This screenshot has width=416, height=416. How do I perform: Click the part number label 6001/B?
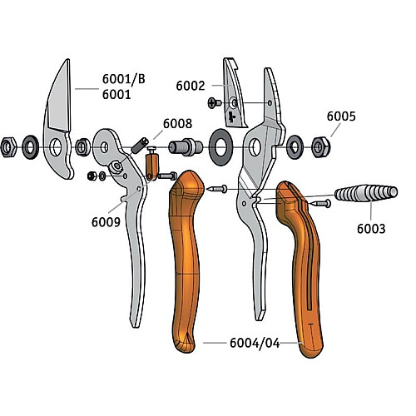tap(124, 79)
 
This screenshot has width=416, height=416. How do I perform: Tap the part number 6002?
tap(191, 86)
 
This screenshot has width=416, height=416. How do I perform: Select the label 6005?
tap(341, 116)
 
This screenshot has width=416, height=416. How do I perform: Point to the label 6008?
tap(177, 123)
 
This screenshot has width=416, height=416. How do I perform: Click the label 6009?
tap(106, 222)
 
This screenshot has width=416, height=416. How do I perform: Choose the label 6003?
tap(371, 229)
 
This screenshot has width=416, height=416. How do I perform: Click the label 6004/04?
tap(255, 343)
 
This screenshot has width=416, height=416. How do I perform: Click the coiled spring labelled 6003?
tap(366, 193)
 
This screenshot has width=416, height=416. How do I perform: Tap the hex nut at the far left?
tap(8, 147)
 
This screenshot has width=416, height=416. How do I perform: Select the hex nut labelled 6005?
tap(321, 147)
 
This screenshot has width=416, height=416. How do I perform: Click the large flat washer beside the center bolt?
tap(220, 147)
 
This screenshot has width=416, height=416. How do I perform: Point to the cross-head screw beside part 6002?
tap(215, 103)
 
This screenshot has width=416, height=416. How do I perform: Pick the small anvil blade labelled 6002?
tap(235, 94)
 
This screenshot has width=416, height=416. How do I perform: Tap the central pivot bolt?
tap(186, 146)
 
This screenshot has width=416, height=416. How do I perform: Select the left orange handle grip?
tap(186, 260)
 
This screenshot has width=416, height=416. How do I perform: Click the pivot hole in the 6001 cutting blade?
tap(56, 147)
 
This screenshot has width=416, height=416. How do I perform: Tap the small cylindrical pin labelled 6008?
tap(140, 146)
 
